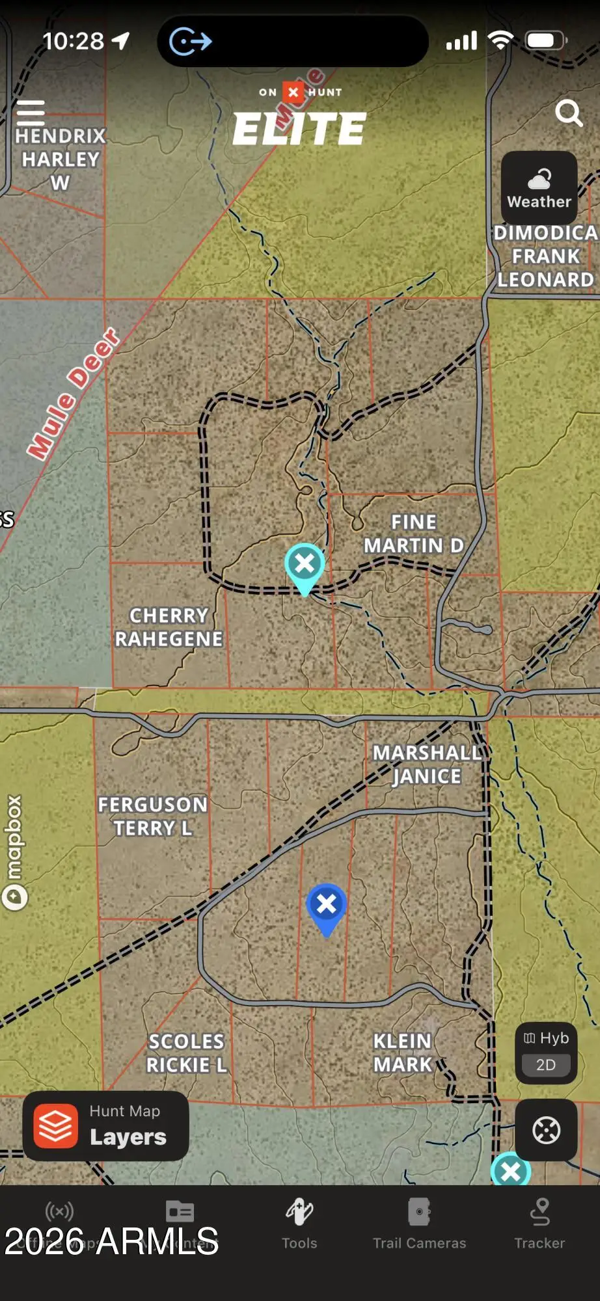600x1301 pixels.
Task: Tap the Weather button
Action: (539, 189)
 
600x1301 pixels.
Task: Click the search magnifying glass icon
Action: (569, 113)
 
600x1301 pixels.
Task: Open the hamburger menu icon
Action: (31, 113)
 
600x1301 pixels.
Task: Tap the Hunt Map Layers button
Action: (106, 1126)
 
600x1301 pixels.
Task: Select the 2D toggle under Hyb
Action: (546, 1065)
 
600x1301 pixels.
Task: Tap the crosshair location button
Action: (546, 1130)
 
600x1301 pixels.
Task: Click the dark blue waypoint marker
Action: (326, 906)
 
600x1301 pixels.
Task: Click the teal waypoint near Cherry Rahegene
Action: (305, 565)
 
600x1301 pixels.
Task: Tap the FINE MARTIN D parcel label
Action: (414, 533)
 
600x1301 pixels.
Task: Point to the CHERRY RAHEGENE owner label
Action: (169, 627)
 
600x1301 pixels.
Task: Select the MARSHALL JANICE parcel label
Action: (427, 764)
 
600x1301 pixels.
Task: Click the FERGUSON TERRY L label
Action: (153, 816)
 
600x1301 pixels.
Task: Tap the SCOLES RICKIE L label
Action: (187, 1053)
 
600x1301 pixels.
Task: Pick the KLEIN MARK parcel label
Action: (402, 1053)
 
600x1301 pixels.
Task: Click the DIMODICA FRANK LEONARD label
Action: (545, 256)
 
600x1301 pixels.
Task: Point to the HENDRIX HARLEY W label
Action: (61, 159)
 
